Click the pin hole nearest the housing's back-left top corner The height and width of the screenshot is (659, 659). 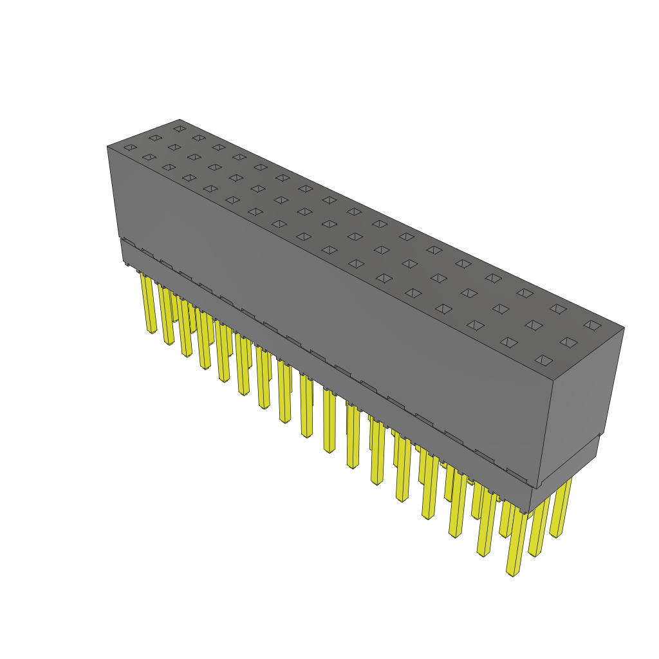[x=180, y=129]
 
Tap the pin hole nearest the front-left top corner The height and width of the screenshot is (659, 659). [x=130, y=147]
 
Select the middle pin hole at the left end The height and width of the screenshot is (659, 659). [x=155, y=138]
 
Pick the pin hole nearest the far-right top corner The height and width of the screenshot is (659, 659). [x=591, y=325]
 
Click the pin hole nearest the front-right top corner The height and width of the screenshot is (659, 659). [x=544, y=360]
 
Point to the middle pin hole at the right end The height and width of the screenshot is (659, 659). [x=568, y=342]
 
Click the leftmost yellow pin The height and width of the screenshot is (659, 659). [x=149, y=302]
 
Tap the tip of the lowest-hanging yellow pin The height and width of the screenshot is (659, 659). [x=513, y=572]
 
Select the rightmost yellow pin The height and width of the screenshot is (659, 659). [x=561, y=508]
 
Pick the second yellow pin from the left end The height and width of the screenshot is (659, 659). [x=167, y=315]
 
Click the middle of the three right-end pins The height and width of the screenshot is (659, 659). [x=538, y=528]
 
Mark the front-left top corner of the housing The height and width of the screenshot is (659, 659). [x=107, y=147]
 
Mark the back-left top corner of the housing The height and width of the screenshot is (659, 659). [x=180, y=120]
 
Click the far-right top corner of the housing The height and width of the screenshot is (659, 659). [x=624, y=328]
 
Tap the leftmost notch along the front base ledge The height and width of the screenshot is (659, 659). [x=129, y=243]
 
